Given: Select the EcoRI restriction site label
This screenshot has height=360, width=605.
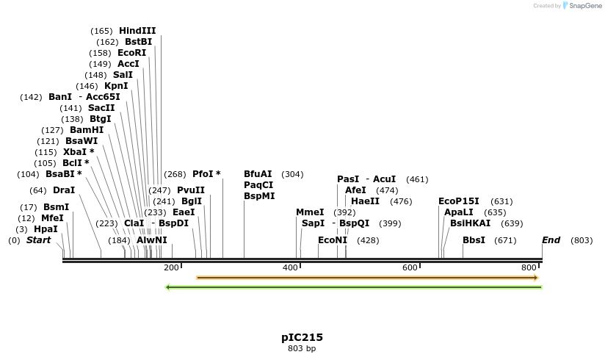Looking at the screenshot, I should pyautogui.click(x=132, y=53).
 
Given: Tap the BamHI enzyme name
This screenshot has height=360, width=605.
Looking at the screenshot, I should pyautogui.click(x=87, y=130).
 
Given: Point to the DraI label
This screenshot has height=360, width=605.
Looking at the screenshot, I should pyautogui.click(x=64, y=190).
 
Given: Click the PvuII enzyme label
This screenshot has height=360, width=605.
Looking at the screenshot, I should pyautogui.click(x=191, y=190).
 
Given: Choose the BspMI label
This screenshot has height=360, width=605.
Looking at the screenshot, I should pyautogui.click(x=259, y=196).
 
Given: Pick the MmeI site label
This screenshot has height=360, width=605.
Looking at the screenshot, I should pyautogui.click(x=310, y=212).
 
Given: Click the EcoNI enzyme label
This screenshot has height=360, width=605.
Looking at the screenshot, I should pyautogui.click(x=333, y=240).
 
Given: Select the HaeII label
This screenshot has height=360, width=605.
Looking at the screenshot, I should pyautogui.click(x=365, y=201).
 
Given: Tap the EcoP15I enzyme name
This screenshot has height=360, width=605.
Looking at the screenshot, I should pyautogui.click(x=459, y=201).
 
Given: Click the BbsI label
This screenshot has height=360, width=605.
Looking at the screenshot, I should pyautogui.click(x=474, y=240).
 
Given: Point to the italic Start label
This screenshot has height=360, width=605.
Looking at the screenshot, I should pyautogui.click(x=39, y=240).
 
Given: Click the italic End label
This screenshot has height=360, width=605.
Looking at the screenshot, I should pyautogui.click(x=551, y=240).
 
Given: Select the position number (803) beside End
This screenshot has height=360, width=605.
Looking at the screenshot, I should pyautogui.click(x=582, y=240).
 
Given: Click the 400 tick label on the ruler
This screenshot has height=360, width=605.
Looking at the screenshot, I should pyautogui.click(x=291, y=268).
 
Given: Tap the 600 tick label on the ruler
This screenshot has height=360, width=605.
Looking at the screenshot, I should pyautogui.click(x=410, y=268).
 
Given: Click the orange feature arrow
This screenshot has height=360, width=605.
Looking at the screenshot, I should pyautogui.click(x=367, y=278).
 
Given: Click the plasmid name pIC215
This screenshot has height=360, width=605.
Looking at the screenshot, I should pyautogui.click(x=302, y=338).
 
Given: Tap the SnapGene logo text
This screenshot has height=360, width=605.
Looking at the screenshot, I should pyautogui.click(x=584, y=6).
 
